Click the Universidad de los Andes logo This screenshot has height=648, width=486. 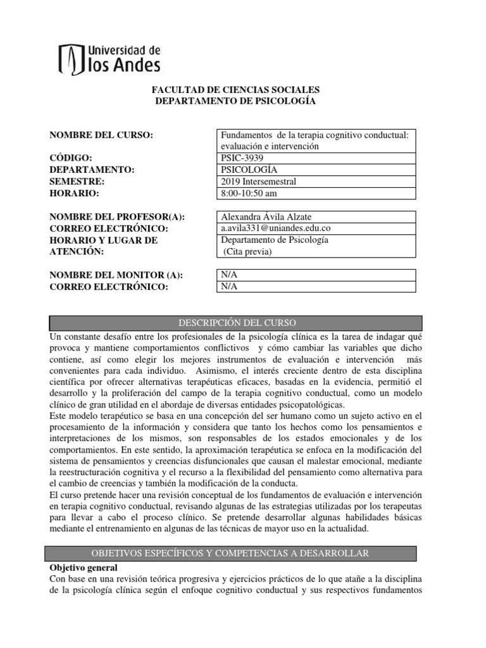click(x=109, y=59)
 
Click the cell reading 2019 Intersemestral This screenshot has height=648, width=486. click(x=258, y=181)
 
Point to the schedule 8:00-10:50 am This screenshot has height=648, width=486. click(x=250, y=193)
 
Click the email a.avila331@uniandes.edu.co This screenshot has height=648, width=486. click(x=276, y=228)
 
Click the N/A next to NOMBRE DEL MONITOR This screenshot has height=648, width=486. click(x=227, y=275)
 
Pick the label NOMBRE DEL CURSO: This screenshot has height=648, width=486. click(x=101, y=135)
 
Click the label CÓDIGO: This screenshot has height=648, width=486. click(x=71, y=158)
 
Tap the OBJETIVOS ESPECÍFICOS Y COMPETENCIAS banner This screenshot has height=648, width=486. click(x=230, y=553)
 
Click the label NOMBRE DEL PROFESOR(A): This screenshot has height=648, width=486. click(x=117, y=216)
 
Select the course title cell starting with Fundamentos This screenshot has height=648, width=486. click(x=315, y=140)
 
